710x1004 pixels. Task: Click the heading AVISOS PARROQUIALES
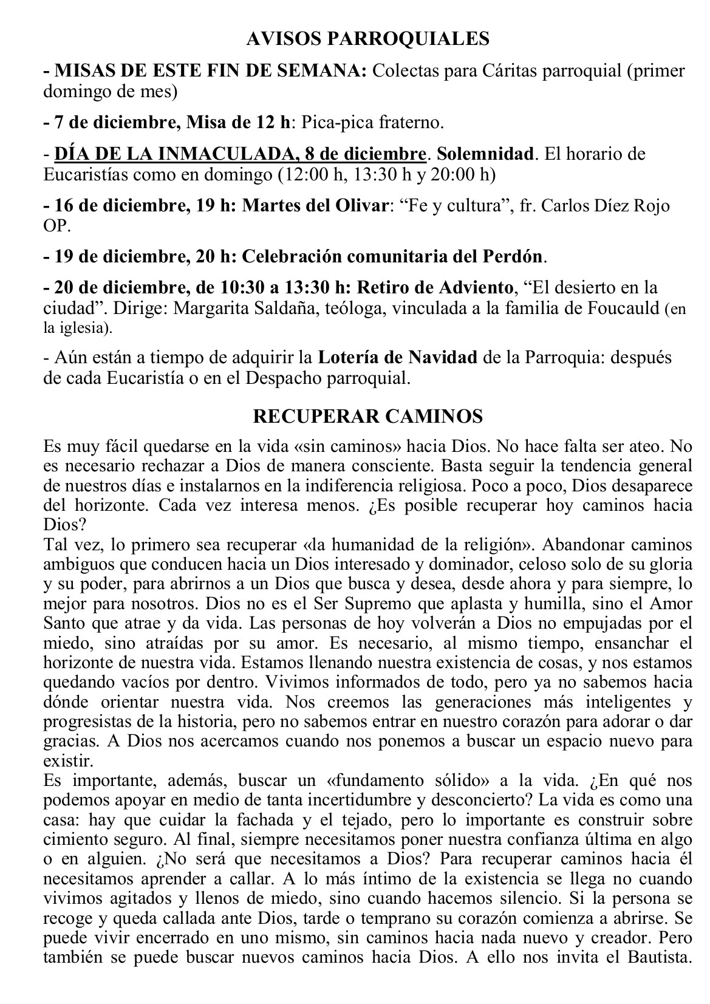point(367,39)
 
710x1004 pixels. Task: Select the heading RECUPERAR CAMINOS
point(367,416)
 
